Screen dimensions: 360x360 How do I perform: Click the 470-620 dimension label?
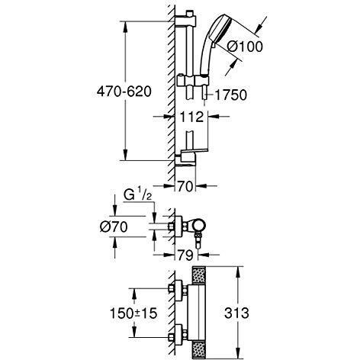tap(124, 92)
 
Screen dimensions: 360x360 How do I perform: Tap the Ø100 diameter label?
tap(245, 47)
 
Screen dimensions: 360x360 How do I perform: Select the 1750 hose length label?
tap(230, 95)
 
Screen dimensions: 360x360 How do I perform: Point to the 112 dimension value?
tap(191, 117)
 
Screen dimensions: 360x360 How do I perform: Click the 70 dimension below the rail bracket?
tap(185, 187)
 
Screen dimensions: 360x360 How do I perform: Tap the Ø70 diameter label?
tap(114, 227)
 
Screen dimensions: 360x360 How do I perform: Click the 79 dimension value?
tap(185, 255)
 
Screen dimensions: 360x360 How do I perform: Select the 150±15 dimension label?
tap(133, 313)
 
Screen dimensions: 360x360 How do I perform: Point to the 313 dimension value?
tap(236, 313)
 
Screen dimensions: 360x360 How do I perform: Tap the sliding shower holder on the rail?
tap(193, 80)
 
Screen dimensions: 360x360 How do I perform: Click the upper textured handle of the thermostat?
tap(199, 276)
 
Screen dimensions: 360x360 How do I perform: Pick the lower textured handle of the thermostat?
tap(199, 350)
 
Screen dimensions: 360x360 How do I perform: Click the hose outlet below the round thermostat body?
tap(198, 241)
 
